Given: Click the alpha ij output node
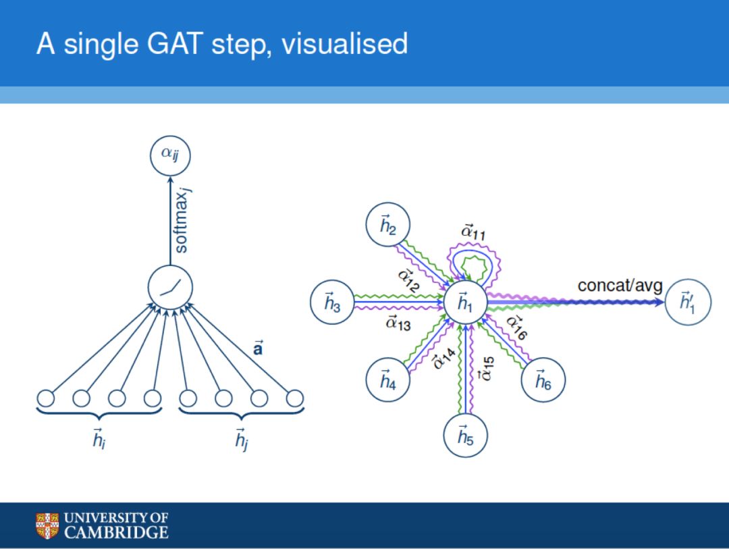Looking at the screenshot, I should [x=170, y=157].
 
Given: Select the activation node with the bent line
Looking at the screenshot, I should [x=170, y=290].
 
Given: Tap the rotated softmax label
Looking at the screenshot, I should [x=182, y=222].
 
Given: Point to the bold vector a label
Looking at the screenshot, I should [x=257, y=350].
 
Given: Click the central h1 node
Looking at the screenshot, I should [x=466, y=304].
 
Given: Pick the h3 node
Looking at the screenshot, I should [x=332, y=303].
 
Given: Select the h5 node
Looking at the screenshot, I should [x=465, y=436].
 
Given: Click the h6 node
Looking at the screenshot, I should [x=543, y=382].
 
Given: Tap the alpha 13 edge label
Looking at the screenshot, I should [x=398, y=323].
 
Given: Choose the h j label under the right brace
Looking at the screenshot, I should [x=241, y=440].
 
